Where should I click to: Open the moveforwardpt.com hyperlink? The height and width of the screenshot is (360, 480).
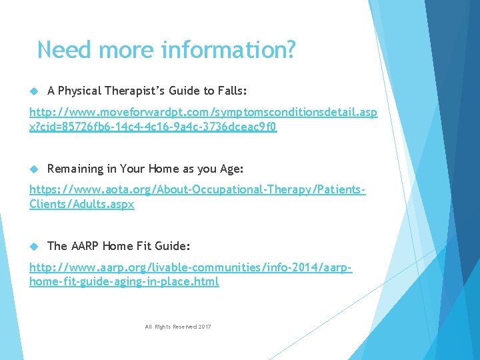click(x=203, y=113)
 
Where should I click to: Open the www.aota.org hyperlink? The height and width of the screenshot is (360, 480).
click(x=197, y=191)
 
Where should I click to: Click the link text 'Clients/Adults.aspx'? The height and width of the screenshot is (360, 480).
click(x=81, y=205)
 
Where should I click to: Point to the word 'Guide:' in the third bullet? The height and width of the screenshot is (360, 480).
click(x=172, y=246)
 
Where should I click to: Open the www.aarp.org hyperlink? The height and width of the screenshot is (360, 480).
click(x=191, y=268)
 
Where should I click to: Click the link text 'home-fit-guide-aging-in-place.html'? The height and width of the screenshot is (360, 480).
click(x=124, y=282)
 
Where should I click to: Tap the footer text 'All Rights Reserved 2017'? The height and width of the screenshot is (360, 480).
click(x=177, y=327)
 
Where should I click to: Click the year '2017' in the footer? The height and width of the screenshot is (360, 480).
click(x=204, y=327)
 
